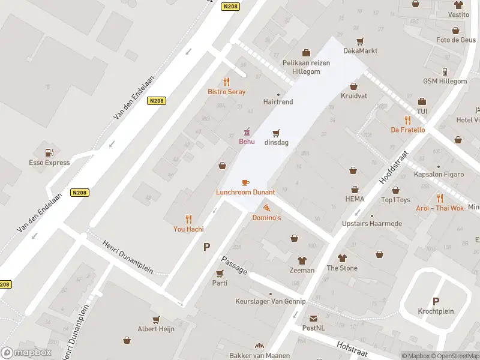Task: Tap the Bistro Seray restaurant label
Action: coord(226,92)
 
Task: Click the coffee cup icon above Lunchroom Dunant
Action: coord(245,182)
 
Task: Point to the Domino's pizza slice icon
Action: coord(266,208)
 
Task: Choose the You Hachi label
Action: coord(188,229)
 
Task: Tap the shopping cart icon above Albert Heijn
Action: coord(156,319)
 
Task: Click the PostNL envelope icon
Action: coord(313,318)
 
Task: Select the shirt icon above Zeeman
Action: coord(302,260)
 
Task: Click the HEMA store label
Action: coord(355,199)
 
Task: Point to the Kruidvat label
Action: coord(353,96)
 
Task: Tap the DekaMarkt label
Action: coord(360,51)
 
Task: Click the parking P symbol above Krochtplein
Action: coord(436,301)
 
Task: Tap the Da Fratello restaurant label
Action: coord(407,130)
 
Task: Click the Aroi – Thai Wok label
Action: coord(440,208)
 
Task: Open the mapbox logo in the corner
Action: coord(26,353)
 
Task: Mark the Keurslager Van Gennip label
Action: coord(271,301)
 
